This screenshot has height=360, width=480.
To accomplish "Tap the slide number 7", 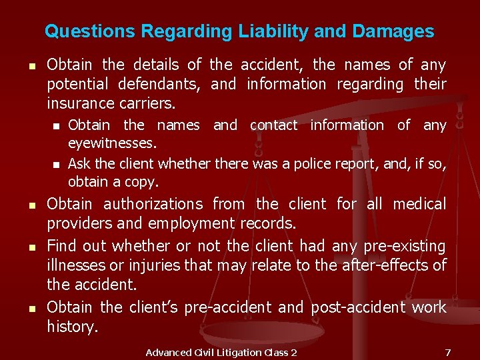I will point(448,352).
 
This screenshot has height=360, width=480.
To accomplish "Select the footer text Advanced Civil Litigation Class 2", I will point(221,352).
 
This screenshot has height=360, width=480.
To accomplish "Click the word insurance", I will point(78,103).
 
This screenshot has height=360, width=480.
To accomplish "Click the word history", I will point(72,327).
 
